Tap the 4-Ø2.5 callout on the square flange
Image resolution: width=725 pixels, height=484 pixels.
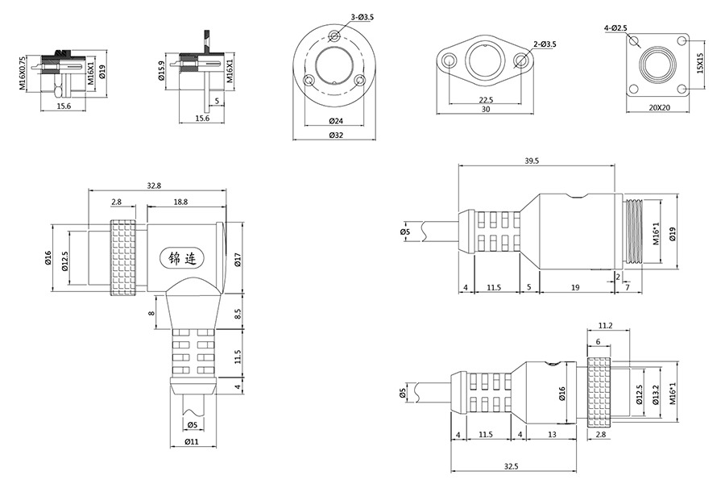click(x=616, y=28)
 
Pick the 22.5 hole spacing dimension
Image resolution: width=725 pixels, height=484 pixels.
click(x=486, y=100)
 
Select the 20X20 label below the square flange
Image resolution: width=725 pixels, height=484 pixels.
click(x=658, y=107)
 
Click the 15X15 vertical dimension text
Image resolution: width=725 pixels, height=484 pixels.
click(x=700, y=63)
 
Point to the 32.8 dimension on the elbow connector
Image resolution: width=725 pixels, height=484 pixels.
click(x=155, y=186)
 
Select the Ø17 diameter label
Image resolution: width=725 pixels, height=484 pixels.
click(x=238, y=259)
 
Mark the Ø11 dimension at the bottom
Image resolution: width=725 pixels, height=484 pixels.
click(x=192, y=442)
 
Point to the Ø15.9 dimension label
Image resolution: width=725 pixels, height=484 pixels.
click(x=162, y=72)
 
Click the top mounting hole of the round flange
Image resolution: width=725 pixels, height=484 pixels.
click(x=334, y=35)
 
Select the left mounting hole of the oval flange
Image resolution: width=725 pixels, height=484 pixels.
click(x=447, y=60)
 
